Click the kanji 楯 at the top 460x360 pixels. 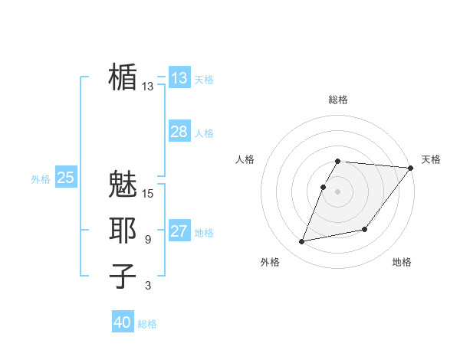[x=123, y=77]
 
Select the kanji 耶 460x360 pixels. [x=123, y=231]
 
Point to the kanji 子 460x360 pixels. [x=123, y=277]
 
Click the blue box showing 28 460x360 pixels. [x=179, y=132]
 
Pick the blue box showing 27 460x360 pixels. [x=179, y=231]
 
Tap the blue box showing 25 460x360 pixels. [x=65, y=178]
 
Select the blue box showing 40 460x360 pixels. [x=123, y=322]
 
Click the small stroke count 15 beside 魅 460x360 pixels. [x=148, y=193]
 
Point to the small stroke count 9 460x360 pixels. [x=148, y=240]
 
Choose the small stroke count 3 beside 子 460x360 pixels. [x=148, y=286]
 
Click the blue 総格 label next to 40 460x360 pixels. [x=147, y=324]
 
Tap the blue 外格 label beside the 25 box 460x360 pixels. [x=41, y=179]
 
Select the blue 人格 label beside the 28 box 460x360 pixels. [x=204, y=133]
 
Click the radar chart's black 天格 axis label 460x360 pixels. [x=431, y=159]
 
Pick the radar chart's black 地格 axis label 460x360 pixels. [x=402, y=262]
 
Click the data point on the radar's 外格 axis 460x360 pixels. [x=302, y=242]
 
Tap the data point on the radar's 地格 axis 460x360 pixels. [x=365, y=229]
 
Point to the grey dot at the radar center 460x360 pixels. [x=338, y=191]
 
